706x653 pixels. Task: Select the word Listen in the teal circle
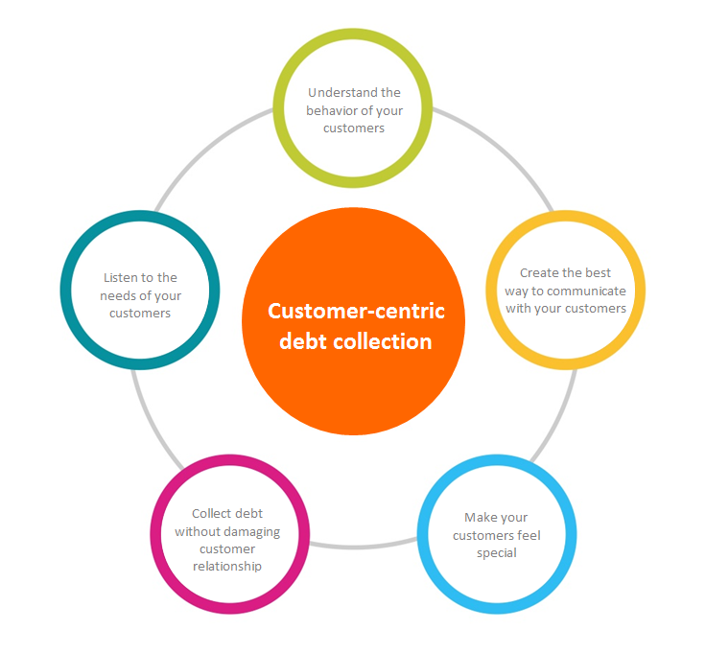122,278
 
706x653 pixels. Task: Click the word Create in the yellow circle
540,273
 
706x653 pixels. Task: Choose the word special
497,552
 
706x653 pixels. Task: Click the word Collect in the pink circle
211,514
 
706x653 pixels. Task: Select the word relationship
226,566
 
